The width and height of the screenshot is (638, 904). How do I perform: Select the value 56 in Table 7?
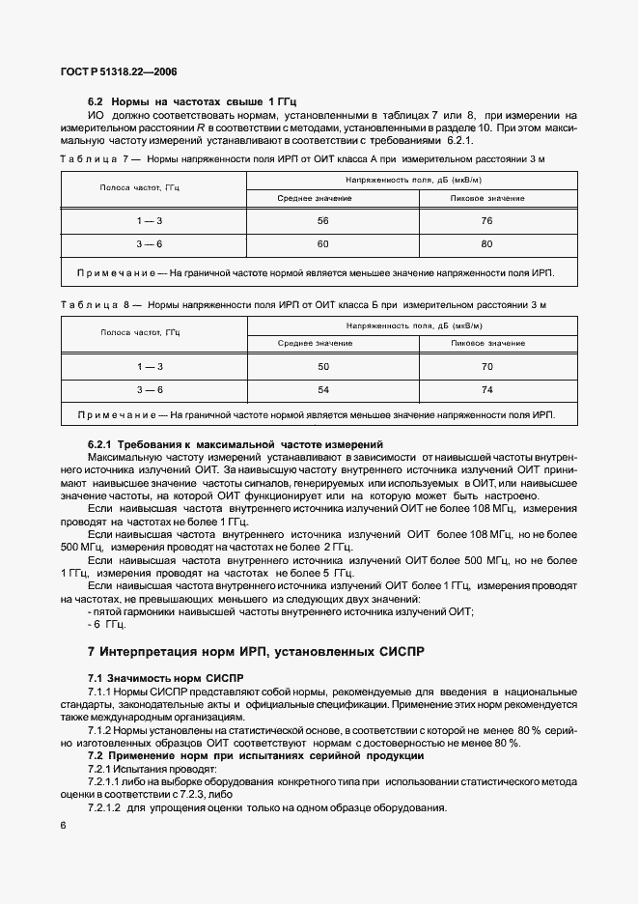(295, 220)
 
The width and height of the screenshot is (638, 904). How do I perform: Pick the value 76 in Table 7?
(486, 220)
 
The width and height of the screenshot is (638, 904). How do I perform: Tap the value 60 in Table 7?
(295, 243)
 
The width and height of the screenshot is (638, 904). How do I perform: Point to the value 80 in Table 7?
(486, 243)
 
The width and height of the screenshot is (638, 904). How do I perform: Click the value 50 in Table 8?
(295, 366)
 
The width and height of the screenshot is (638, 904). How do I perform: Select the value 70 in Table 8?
(486, 366)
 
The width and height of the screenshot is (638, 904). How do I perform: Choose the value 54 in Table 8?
(295, 389)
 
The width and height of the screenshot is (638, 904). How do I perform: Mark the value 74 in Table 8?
(486, 389)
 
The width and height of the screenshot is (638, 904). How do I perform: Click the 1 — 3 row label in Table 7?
(150, 220)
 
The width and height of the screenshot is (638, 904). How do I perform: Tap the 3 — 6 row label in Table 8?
(150, 389)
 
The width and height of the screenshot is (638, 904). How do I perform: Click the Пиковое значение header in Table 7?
(487, 198)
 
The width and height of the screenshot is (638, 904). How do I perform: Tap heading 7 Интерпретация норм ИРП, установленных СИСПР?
(255, 653)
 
